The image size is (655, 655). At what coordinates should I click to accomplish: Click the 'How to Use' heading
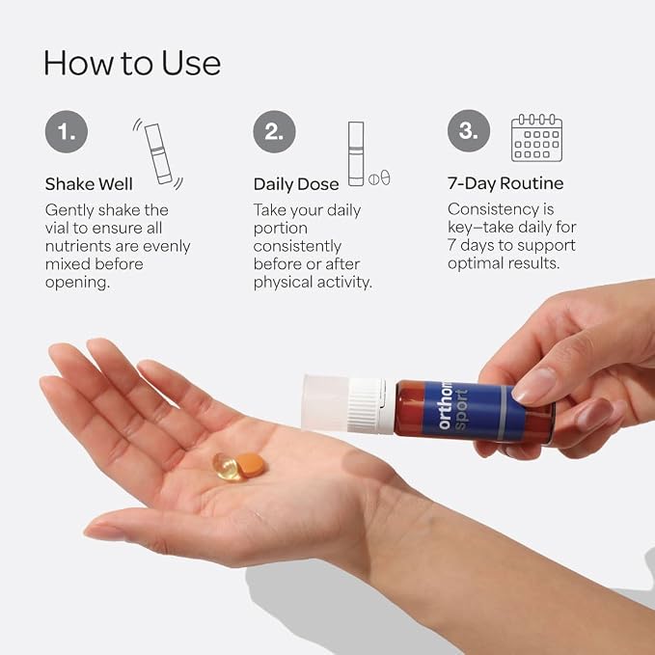(x=132, y=63)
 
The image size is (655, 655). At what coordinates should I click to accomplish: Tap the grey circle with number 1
(x=67, y=131)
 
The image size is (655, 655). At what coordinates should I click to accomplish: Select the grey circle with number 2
(x=275, y=131)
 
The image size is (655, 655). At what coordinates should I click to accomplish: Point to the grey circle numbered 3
(x=469, y=131)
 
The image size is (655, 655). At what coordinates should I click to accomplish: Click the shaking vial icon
(x=158, y=153)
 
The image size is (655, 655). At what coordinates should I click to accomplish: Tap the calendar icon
(x=536, y=137)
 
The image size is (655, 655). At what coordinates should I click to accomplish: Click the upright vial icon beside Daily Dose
(x=356, y=153)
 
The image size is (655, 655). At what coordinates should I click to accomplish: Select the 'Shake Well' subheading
(x=89, y=184)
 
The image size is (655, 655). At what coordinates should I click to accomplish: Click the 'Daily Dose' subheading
(x=296, y=184)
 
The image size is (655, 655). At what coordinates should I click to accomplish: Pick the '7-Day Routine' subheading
(x=505, y=183)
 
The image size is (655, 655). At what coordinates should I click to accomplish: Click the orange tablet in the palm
(x=251, y=465)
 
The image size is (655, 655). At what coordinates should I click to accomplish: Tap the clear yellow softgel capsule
(x=227, y=467)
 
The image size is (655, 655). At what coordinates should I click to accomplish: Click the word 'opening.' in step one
(x=78, y=283)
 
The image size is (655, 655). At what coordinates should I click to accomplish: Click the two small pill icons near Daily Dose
(x=379, y=177)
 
